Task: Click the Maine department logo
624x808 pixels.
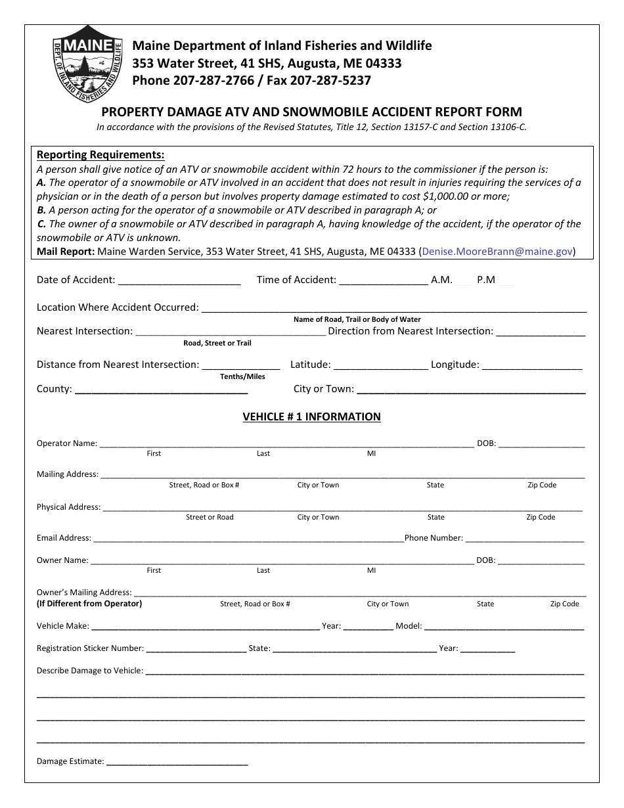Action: point(87,63)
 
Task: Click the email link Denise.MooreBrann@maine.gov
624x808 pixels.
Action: point(497,251)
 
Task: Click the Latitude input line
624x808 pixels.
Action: point(380,365)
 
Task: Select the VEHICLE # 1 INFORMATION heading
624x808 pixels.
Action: point(311,416)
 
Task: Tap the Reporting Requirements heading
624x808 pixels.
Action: point(100,155)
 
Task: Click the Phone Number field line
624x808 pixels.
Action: point(524,538)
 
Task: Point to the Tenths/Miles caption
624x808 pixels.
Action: point(242,376)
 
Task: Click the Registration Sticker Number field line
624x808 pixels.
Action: point(196,648)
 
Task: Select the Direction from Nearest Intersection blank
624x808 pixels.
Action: point(540,331)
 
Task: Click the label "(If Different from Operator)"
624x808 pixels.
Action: point(89,604)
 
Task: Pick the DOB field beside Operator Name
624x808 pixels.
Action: point(541,443)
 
